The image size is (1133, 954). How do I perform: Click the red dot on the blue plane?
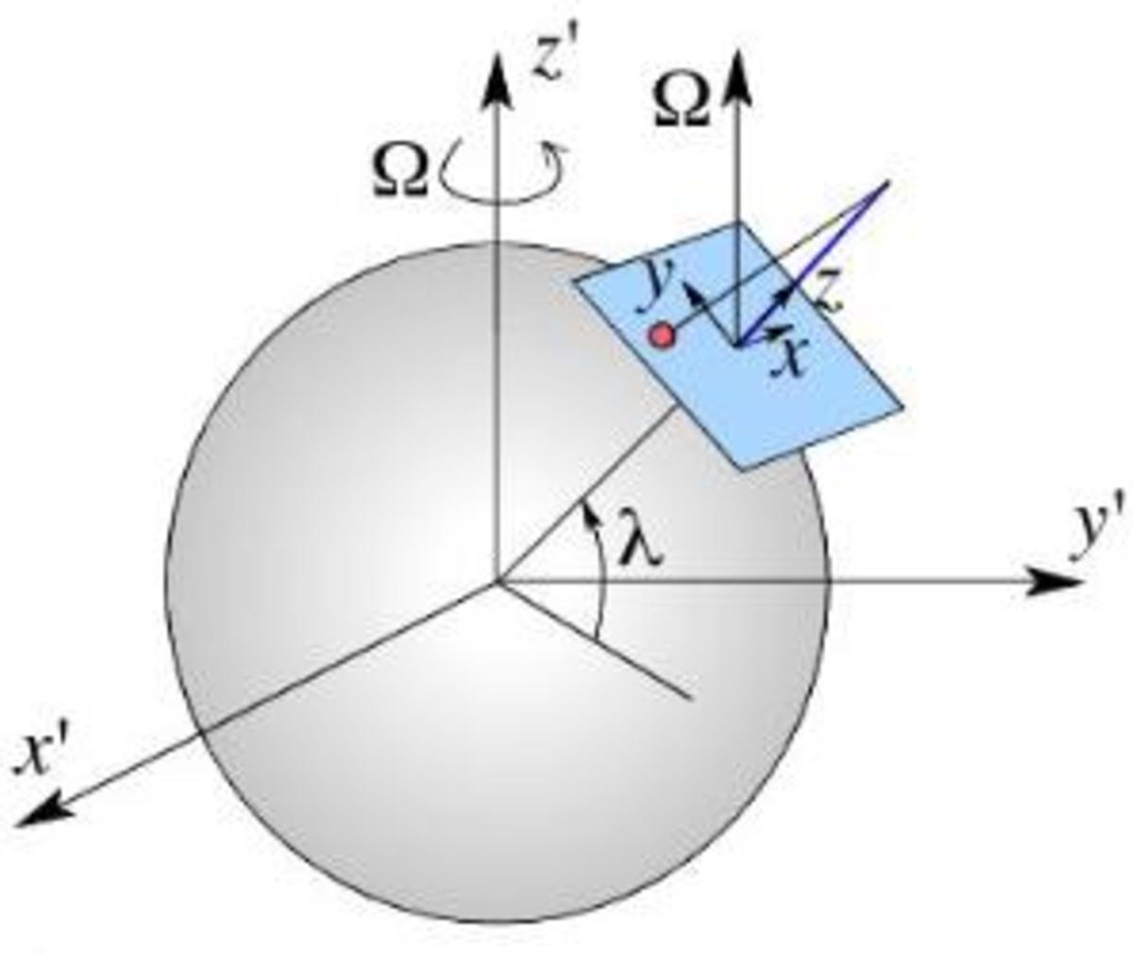click(663, 335)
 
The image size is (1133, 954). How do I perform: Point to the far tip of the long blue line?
click(888, 181)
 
